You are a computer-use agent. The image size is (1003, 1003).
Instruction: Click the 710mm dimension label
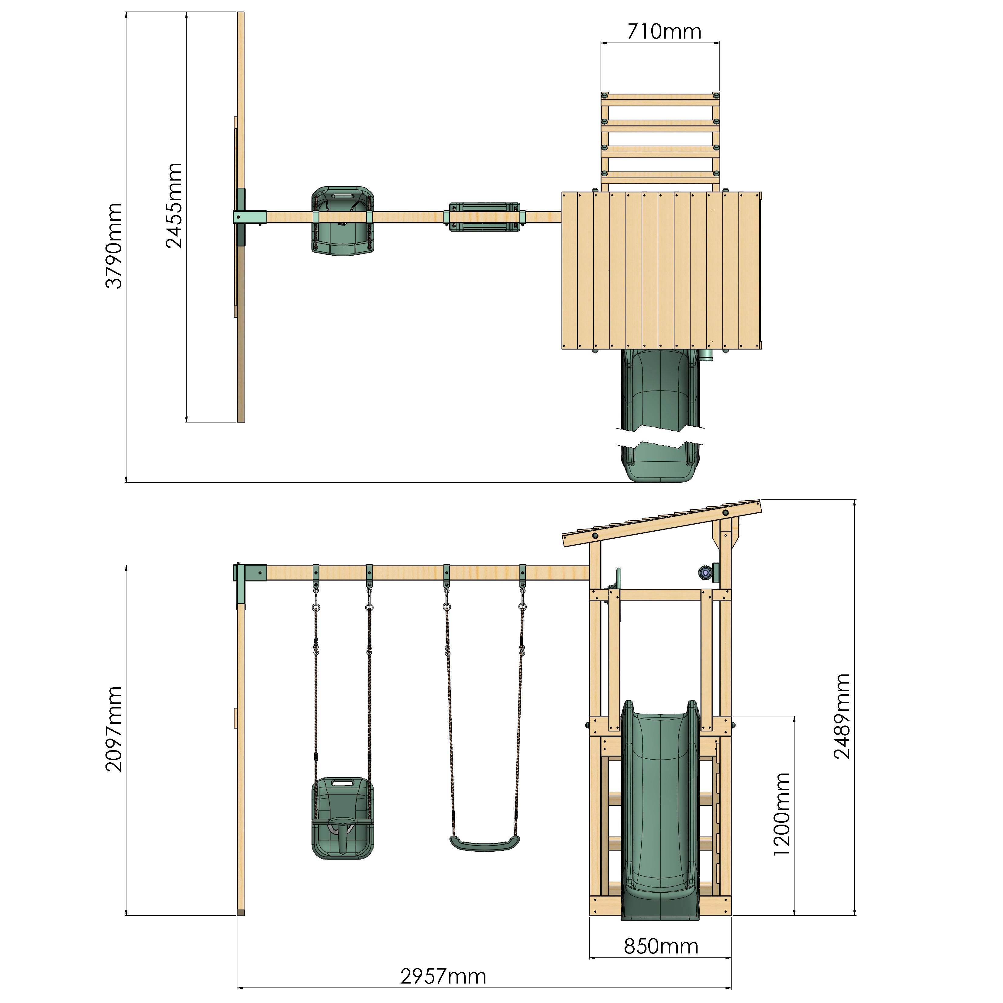(664, 32)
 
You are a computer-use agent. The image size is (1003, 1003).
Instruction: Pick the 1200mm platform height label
(782, 814)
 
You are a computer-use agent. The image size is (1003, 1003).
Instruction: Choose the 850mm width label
(661, 946)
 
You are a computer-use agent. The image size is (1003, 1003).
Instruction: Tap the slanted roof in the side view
(662, 523)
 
